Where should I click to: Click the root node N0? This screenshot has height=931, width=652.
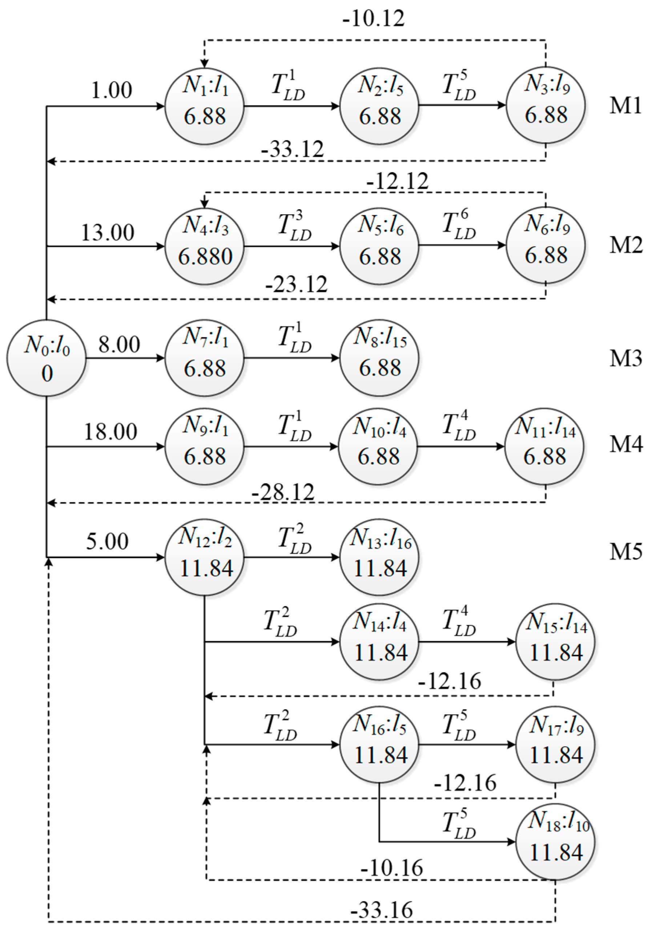[x=46, y=358]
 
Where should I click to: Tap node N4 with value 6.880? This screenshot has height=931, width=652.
[x=204, y=246]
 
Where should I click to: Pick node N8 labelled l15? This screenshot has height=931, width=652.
[x=379, y=358]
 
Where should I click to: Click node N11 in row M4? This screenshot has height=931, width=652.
[x=544, y=447]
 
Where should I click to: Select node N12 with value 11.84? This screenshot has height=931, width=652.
[x=204, y=557]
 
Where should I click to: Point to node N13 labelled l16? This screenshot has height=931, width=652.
[x=379, y=557]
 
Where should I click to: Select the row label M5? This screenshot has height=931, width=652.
[x=625, y=552]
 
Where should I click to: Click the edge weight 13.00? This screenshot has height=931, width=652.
[x=108, y=233]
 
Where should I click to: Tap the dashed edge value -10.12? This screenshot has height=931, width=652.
[x=374, y=19]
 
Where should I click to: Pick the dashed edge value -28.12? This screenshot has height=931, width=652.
[x=283, y=492]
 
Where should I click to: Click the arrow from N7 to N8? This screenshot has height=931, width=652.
[x=291, y=358]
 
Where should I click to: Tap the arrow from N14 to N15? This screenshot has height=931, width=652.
[x=467, y=642]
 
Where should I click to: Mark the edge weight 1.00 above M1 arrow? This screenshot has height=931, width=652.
[x=112, y=90]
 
